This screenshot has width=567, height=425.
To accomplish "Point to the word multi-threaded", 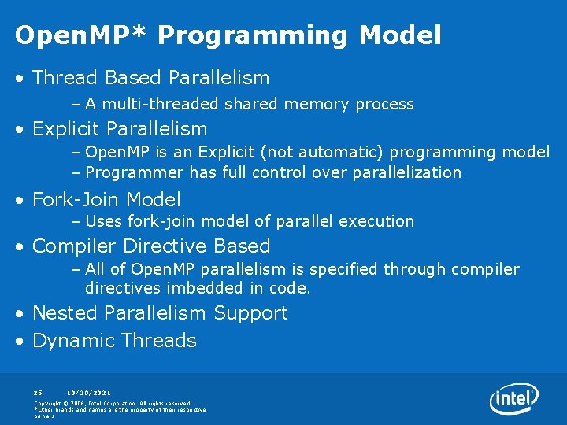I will pos(161,104).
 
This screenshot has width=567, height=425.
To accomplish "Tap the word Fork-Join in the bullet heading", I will pos(76,200).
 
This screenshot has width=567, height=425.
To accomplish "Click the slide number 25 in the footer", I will pos(38,392).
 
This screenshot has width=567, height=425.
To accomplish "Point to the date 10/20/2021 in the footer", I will pos(88,392).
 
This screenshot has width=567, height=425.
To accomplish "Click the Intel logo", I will pos(513,398).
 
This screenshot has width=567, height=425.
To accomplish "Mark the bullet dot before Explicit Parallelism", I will pos(21,129).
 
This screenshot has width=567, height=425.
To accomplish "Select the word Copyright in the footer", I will pos(49,403).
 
